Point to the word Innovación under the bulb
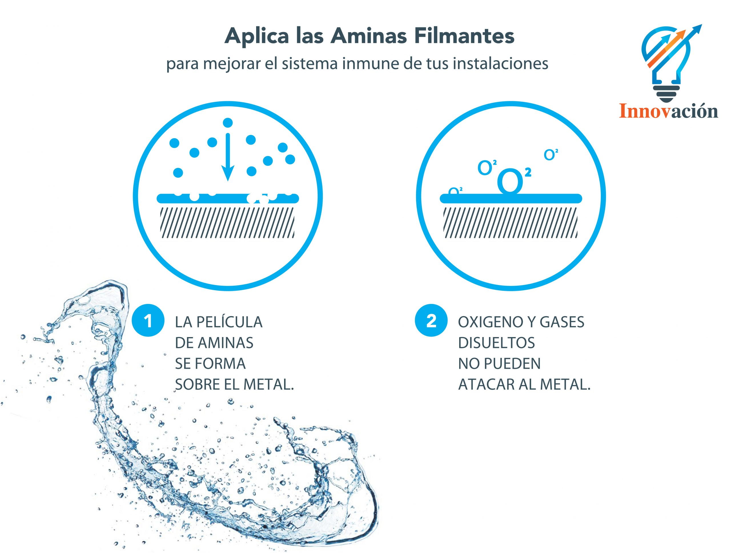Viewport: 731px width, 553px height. tap(668, 111)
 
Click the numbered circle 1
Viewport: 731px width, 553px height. tap(148, 320)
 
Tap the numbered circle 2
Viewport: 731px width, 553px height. tap(431, 320)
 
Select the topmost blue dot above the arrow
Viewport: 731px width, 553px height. tap(228, 123)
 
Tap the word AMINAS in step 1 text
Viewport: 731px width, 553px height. tap(225, 343)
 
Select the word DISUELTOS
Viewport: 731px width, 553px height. tap(496, 343)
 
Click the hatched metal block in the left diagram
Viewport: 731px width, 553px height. tap(227, 223)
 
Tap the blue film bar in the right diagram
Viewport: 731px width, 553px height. tap(511, 198)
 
